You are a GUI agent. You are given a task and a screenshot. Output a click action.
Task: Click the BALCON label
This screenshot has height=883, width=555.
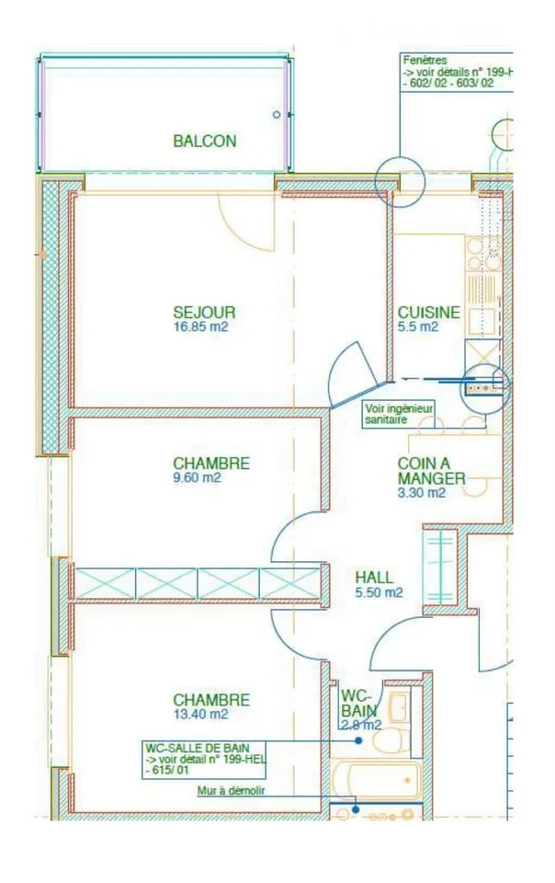pyautogui.click(x=205, y=141)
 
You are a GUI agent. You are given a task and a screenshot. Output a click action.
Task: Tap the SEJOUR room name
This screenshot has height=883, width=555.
pyautogui.click(x=204, y=312)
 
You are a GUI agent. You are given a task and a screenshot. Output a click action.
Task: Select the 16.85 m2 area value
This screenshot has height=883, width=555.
pyautogui.click(x=200, y=327)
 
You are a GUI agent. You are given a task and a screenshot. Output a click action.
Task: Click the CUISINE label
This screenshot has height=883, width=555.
pyautogui.click(x=428, y=312)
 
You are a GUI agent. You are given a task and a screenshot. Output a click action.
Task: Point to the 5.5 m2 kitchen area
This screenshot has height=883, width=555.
pyautogui.click(x=418, y=327)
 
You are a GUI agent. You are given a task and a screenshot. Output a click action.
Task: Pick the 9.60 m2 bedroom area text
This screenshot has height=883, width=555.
pyautogui.click(x=197, y=477)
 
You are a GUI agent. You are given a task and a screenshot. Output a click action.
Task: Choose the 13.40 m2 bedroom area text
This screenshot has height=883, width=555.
pyautogui.click(x=200, y=714)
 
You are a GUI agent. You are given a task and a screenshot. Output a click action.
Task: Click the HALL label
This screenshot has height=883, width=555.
pyautogui.click(x=374, y=578)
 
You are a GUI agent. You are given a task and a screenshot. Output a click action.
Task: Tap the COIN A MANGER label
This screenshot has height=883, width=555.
pyautogui.click(x=431, y=471)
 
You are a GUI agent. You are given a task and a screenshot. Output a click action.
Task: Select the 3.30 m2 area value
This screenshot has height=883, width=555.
pyautogui.click(x=422, y=493)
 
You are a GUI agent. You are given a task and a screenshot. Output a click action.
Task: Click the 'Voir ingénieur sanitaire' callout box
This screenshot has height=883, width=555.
pyautogui.click(x=399, y=415)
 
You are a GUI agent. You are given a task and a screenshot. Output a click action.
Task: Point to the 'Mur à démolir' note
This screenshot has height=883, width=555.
pyautogui.click(x=232, y=791)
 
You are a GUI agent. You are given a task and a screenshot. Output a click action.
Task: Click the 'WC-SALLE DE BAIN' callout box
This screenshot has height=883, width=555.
pyautogui.click(x=204, y=760)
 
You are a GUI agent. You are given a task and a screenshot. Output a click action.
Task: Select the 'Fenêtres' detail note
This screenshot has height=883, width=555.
pyautogui.click(x=457, y=72)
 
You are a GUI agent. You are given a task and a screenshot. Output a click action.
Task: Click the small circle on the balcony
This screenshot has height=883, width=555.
pyautogui.click(x=276, y=114)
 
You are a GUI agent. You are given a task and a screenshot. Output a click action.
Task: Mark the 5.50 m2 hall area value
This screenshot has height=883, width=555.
pyautogui.click(x=379, y=592)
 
